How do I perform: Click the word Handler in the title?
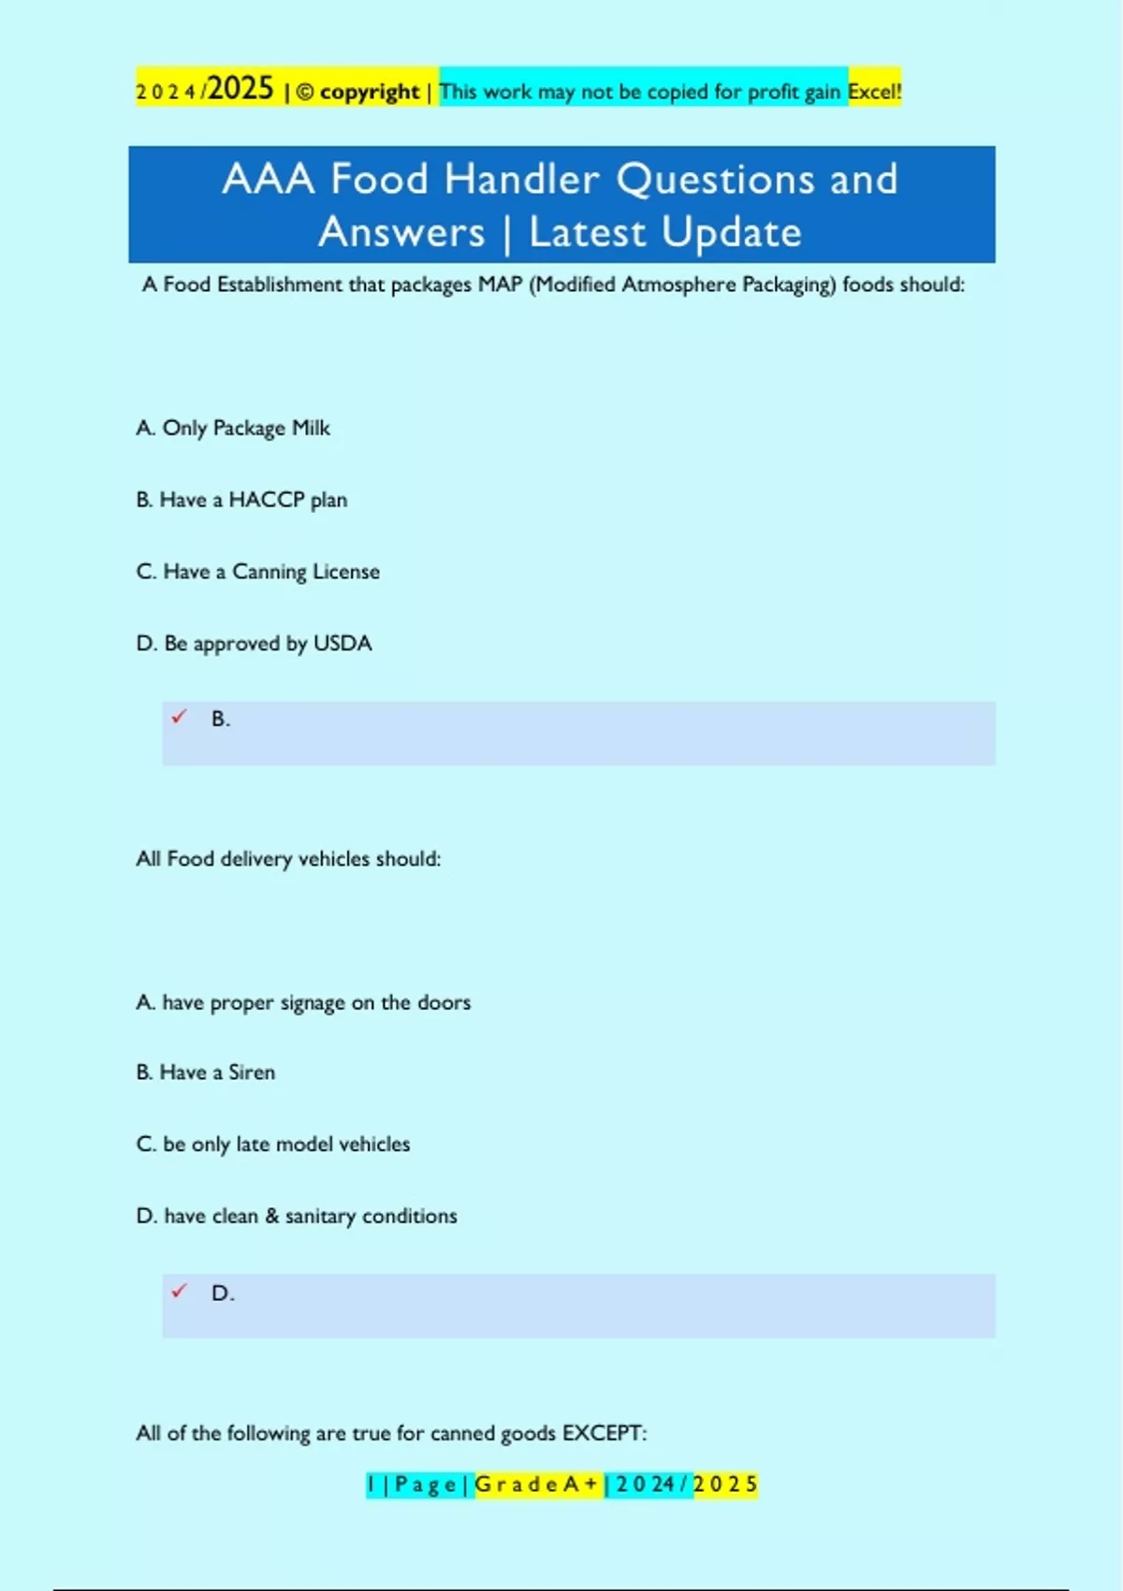(x=521, y=179)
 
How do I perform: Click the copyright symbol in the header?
(x=305, y=92)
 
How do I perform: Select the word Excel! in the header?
(x=875, y=92)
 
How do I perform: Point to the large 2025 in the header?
(x=241, y=89)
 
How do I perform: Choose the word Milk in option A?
(x=311, y=428)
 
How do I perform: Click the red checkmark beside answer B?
(x=179, y=717)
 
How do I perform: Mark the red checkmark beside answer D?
(x=179, y=1292)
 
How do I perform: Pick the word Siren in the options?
(x=252, y=1073)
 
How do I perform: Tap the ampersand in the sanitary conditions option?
(x=272, y=1216)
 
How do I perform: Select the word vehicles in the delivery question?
(x=333, y=859)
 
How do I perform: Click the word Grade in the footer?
(x=516, y=1484)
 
